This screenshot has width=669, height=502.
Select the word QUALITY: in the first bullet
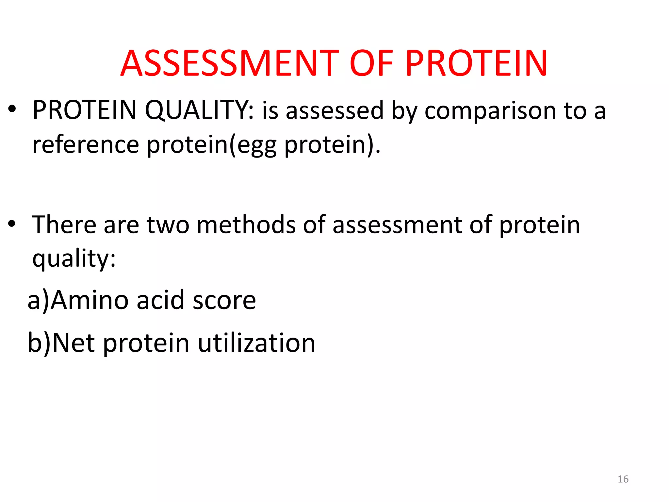pyautogui.click(x=199, y=110)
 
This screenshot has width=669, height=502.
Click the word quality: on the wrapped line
pyautogui.click(x=74, y=259)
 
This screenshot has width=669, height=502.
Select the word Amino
pyautogui.click(x=90, y=300)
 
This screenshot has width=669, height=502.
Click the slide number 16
pyautogui.click(x=623, y=479)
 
